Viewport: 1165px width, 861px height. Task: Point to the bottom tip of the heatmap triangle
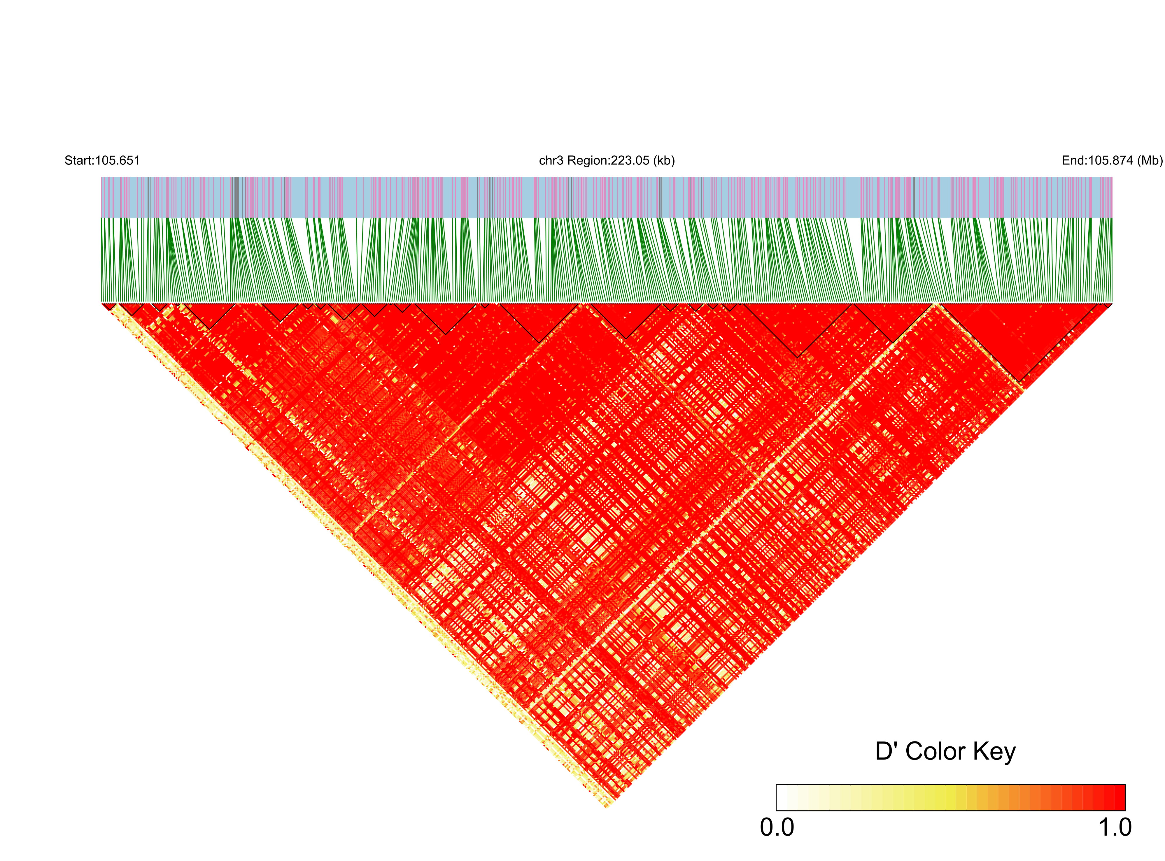click(x=607, y=808)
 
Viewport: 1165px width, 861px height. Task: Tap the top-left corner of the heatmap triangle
click(x=102, y=303)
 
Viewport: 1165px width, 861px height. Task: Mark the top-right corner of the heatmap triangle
click(x=1112, y=303)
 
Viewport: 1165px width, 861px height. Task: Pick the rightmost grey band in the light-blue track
click(x=913, y=197)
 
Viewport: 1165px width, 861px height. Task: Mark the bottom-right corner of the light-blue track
click(x=1112, y=217)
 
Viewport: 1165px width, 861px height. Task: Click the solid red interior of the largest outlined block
click(x=1019, y=334)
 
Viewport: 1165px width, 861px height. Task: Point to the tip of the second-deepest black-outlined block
click(x=798, y=357)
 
